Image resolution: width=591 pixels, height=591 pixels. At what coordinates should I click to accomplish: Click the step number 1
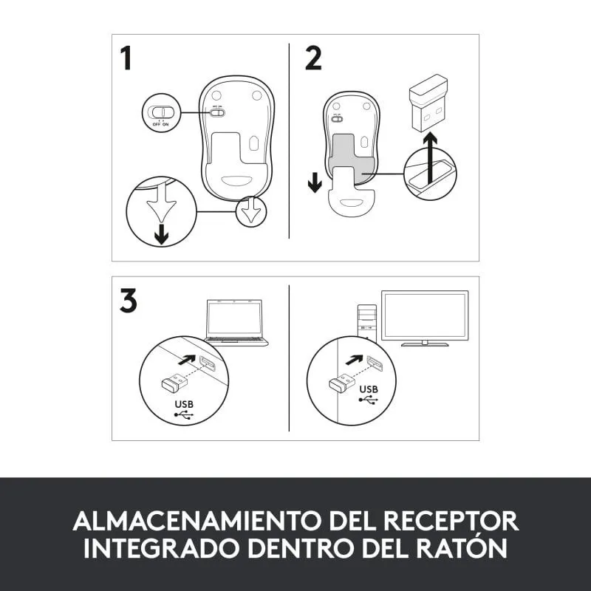point(126,58)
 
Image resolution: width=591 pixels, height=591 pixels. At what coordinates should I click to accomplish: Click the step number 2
point(313,58)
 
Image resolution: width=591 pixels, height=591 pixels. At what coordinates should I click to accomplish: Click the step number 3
point(128,301)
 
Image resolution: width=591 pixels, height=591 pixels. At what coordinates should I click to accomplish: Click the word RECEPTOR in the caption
point(451,521)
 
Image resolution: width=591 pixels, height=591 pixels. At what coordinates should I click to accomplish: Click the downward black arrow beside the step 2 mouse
point(315,183)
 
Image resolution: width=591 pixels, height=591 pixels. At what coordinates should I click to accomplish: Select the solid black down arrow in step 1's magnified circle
point(162,233)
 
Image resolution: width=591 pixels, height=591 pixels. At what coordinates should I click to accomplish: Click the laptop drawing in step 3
point(236,323)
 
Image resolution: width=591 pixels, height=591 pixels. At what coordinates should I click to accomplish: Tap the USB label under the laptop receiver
point(184,404)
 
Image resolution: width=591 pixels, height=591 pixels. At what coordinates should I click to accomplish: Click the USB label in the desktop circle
point(369,389)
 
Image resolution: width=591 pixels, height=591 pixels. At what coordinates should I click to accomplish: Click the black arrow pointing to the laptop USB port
point(188,360)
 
